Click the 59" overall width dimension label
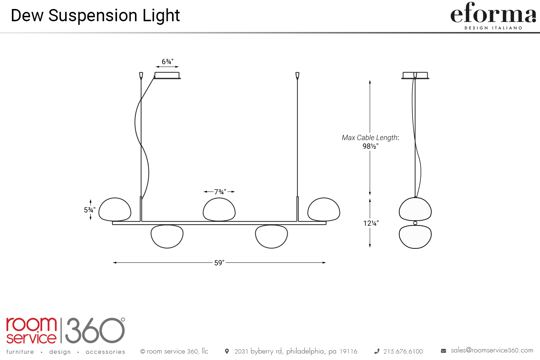pos(219,263)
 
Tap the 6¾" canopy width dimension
pos(167,62)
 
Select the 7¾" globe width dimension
pos(220,192)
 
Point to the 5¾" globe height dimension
pos(89,210)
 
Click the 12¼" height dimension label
pos(371,223)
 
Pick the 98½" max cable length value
pos(370,146)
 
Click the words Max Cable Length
pos(370,138)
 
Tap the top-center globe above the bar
pos(219,210)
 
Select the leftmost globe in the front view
pos(115,210)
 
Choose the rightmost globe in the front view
pos(324,210)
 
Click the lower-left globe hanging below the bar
pos(167,236)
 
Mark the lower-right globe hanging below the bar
pos(271,236)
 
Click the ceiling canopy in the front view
pos(167,75)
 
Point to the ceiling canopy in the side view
pos(415,75)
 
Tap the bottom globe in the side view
pos(415,237)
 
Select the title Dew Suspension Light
pos(95,15)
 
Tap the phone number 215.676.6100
pos(403,351)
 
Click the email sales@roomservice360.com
pos(492,350)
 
